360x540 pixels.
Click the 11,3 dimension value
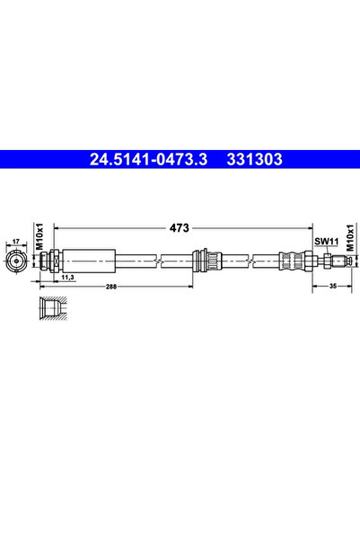[x=66, y=279]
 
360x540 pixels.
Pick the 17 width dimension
[x=15, y=241]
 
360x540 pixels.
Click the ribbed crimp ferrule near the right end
[x=292, y=261]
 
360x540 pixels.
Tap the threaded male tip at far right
[x=339, y=261]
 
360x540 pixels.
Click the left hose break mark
[x=158, y=261]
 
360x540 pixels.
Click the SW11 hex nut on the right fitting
[x=320, y=261]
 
